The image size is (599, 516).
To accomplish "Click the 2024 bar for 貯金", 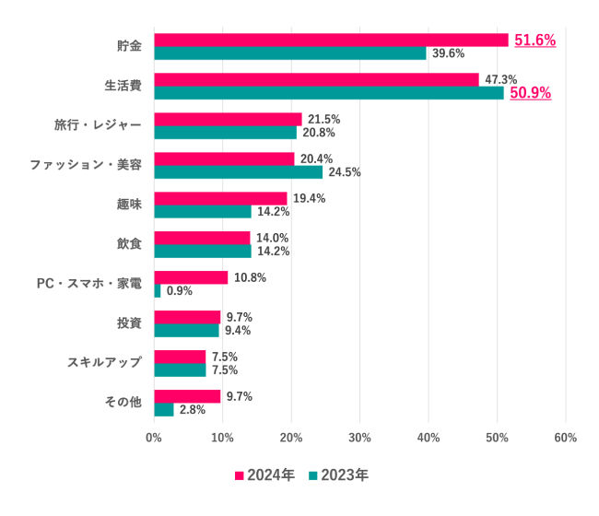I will pyautogui.click(x=331, y=40).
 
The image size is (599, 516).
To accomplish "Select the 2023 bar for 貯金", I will pyautogui.click(x=289, y=53).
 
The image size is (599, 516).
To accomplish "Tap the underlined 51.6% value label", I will pyautogui.click(x=534, y=41).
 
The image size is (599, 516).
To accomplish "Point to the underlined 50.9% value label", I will pyautogui.click(x=530, y=93).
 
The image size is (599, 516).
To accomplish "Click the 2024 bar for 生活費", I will pyautogui.click(x=316, y=79).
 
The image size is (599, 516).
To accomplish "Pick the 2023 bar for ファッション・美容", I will pyautogui.click(x=238, y=172).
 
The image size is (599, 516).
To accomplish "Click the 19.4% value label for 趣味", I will pyautogui.click(x=309, y=198).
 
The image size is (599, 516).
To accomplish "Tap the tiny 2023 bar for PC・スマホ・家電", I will pyautogui.click(x=158, y=291).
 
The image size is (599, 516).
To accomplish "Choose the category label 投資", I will pyautogui.click(x=129, y=323).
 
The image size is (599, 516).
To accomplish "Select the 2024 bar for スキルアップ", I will pyautogui.click(x=180, y=357).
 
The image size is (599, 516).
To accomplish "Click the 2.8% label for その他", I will pyautogui.click(x=193, y=410).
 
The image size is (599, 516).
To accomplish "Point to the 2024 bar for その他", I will pyautogui.click(x=187, y=396).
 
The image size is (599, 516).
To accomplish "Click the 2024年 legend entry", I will pyautogui.click(x=265, y=475).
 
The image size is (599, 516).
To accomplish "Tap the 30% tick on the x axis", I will pyautogui.click(x=359, y=438).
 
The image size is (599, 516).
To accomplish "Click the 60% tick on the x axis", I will pyautogui.click(x=565, y=438).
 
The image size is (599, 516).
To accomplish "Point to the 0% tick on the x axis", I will pyautogui.click(x=154, y=438).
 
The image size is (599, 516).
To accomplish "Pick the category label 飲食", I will pyautogui.click(x=129, y=244).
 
